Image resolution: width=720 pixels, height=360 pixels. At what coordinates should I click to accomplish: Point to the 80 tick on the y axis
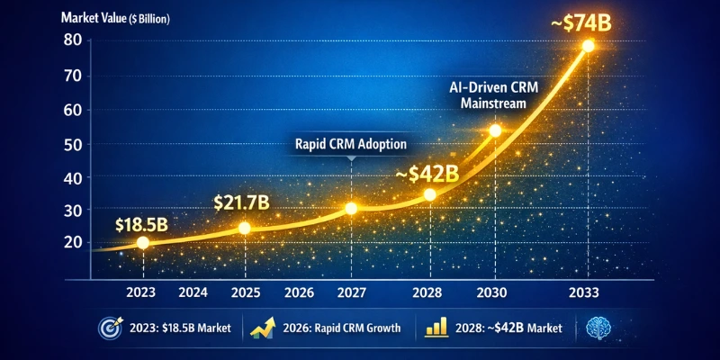74,40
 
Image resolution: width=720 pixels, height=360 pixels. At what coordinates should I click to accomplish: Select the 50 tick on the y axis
74,144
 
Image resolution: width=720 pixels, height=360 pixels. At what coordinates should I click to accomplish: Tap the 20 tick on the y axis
74,242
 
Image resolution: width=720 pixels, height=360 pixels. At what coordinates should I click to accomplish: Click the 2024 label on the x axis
194,292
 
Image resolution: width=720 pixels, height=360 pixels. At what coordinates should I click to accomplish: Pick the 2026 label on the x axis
299,292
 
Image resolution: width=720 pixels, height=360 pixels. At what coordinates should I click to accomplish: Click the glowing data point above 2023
144,242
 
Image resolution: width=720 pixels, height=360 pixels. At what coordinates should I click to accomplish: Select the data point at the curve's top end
588,46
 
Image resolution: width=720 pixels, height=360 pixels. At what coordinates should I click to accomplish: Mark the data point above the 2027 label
351,209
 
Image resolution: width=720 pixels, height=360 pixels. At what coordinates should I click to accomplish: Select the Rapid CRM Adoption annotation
350,143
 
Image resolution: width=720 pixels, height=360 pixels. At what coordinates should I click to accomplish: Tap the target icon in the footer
107,328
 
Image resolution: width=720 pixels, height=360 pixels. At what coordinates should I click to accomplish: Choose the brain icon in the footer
597,328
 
